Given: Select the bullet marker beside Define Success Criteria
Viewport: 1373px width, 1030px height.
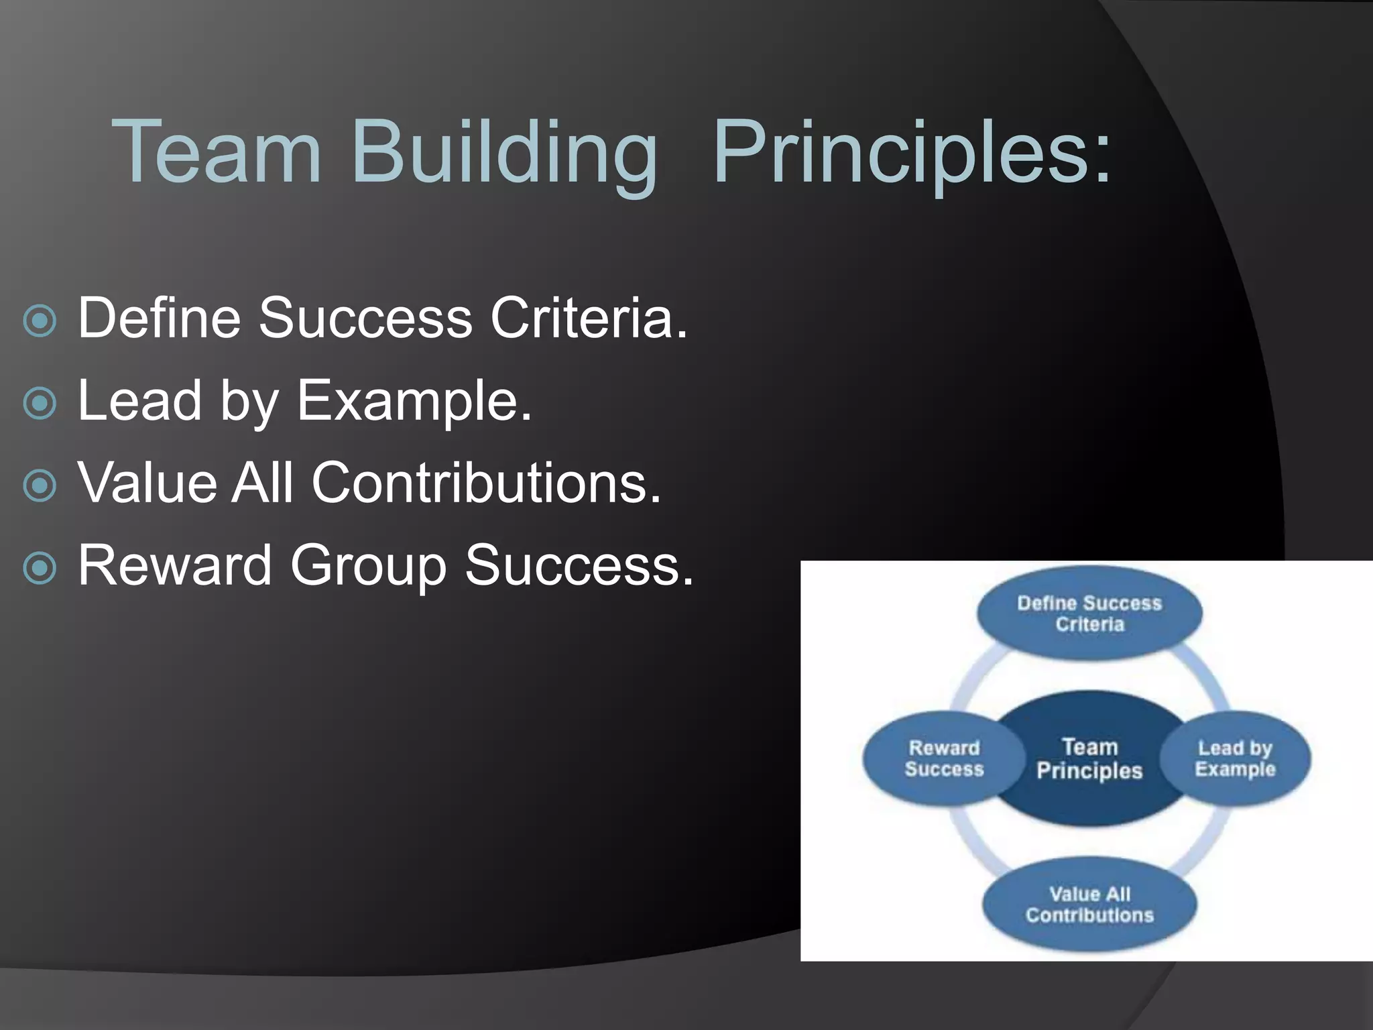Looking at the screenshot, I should click(40, 321).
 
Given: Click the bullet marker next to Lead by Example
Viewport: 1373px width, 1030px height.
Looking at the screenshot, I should click(40, 403).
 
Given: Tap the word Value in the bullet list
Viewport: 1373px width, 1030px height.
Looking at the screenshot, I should click(147, 482).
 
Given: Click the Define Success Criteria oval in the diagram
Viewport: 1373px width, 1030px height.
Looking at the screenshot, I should click(1089, 613).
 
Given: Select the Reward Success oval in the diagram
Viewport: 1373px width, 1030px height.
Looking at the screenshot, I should click(939, 758).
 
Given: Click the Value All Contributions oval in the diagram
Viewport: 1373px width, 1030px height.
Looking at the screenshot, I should click(1089, 904).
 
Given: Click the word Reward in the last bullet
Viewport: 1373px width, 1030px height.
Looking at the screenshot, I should click(175, 565).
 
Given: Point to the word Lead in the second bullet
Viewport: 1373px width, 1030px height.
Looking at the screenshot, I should click(140, 400).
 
